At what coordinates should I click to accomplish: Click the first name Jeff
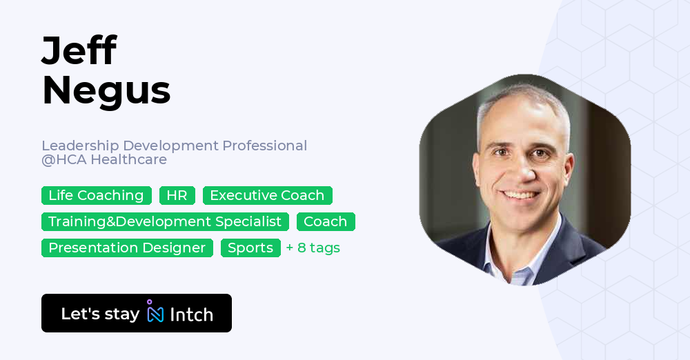click(x=79, y=52)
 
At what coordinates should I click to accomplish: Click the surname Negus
click(x=106, y=90)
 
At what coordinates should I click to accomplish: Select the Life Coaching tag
click(x=96, y=196)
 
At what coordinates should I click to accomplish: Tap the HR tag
click(x=177, y=196)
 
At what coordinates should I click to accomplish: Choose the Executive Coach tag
click(x=267, y=196)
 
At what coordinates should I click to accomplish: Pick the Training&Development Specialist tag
click(x=165, y=222)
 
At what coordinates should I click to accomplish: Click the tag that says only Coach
click(x=326, y=222)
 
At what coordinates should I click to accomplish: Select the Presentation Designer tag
click(x=127, y=248)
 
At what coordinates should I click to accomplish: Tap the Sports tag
click(x=250, y=248)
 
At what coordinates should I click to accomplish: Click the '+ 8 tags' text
click(x=313, y=248)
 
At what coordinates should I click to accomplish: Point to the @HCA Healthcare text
click(x=104, y=160)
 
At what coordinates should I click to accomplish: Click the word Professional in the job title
click(x=264, y=146)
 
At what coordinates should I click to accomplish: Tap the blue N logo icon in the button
click(x=155, y=314)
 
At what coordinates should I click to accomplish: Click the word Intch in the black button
click(x=191, y=314)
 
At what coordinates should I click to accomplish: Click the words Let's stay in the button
click(x=100, y=314)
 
